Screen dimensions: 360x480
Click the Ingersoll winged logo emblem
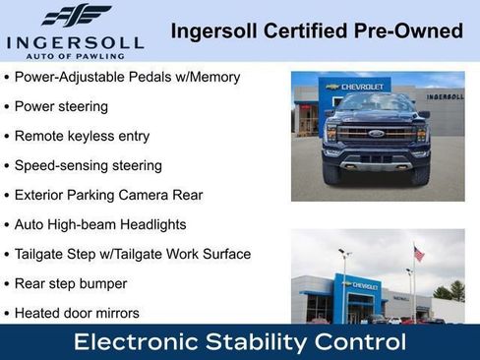tap(76, 16)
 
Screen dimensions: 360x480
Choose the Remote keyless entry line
tap(81, 136)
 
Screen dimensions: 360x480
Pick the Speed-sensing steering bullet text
tap(88, 165)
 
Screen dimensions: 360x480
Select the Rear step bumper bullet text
tap(71, 283)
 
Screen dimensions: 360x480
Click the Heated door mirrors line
tap(77, 313)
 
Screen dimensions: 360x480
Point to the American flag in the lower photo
tap(419, 254)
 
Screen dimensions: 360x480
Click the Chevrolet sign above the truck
tap(359, 87)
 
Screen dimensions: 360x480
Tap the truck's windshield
tap(376, 104)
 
